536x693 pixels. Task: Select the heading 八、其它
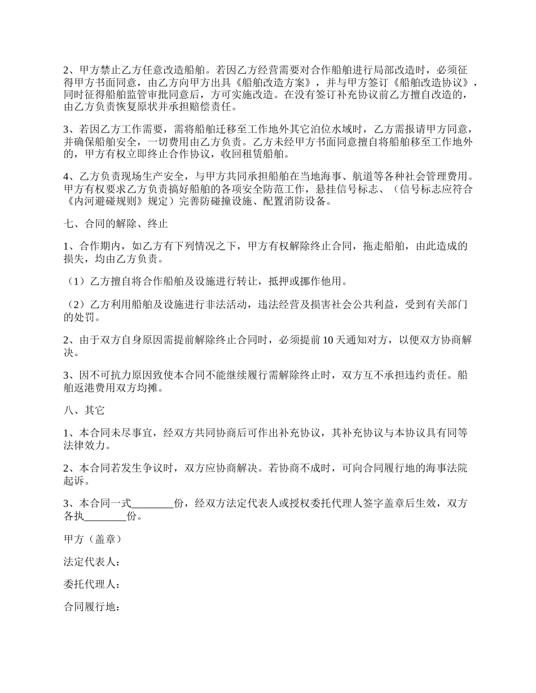click(84, 411)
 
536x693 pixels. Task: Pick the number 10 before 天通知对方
click(329, 340)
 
